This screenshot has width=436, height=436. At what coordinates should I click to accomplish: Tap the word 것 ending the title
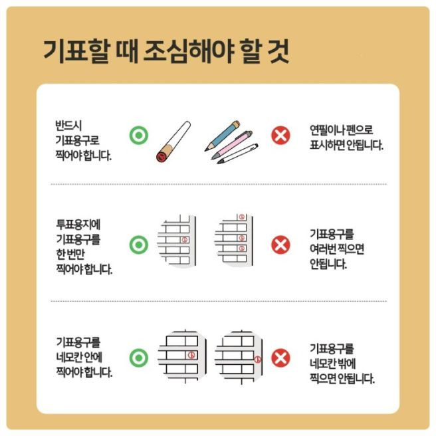coord(278,51)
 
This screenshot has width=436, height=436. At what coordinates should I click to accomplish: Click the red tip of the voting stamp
coord(162,157)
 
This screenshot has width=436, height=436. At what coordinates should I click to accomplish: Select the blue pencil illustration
coord(222,134)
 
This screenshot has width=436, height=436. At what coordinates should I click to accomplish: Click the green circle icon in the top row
coord(138,136)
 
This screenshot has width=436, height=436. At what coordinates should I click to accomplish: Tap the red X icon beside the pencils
coord(280,136)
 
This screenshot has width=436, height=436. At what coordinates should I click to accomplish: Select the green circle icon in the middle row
coord(138,245)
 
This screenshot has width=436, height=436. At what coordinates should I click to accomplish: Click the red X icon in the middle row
coord(280,245)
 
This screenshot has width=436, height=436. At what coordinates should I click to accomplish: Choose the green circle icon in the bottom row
coord(138,358)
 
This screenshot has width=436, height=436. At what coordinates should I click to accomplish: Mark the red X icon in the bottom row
coord(280,358)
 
